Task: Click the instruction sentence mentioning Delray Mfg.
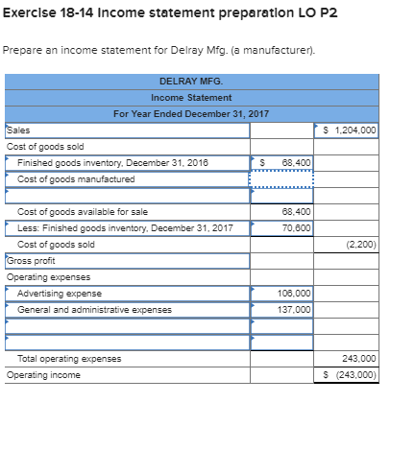[125, 49]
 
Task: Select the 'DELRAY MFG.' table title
[190, 82]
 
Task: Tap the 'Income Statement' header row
[190, 98]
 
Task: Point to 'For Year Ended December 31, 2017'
[190, 114]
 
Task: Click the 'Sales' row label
[19, 130]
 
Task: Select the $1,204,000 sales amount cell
[346, 130]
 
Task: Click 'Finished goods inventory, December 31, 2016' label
[113, 162]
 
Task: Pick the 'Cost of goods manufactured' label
[77, 178]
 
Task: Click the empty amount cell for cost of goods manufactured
[281, 179]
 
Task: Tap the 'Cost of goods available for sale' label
[83, 211]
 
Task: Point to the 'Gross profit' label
[31, 260]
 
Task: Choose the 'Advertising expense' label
[60, 293]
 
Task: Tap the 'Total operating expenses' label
[69, 359]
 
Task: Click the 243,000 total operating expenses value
[359, 359]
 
